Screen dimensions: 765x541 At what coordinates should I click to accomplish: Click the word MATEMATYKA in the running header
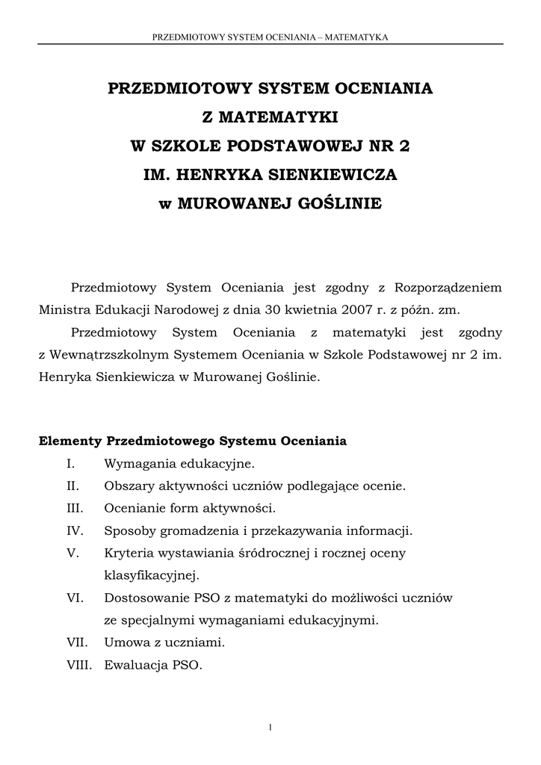pyautogui.click(x=357, y=36)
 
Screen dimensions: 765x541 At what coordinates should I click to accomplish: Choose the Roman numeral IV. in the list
pyautogui.click(x=74, y=531)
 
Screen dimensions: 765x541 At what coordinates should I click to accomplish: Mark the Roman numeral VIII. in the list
pyautogui.click(x=78, y=664)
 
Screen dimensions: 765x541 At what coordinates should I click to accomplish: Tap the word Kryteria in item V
pyautogui.click(x=129, y=554)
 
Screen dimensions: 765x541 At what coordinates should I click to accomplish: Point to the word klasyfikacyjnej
pyautogui.click(x=149, y=575)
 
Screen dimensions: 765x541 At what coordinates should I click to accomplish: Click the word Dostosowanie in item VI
pyautogui.click(x=146, y=598)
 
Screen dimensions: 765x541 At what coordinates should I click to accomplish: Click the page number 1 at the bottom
pyautogui.click(x=270, y=728)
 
